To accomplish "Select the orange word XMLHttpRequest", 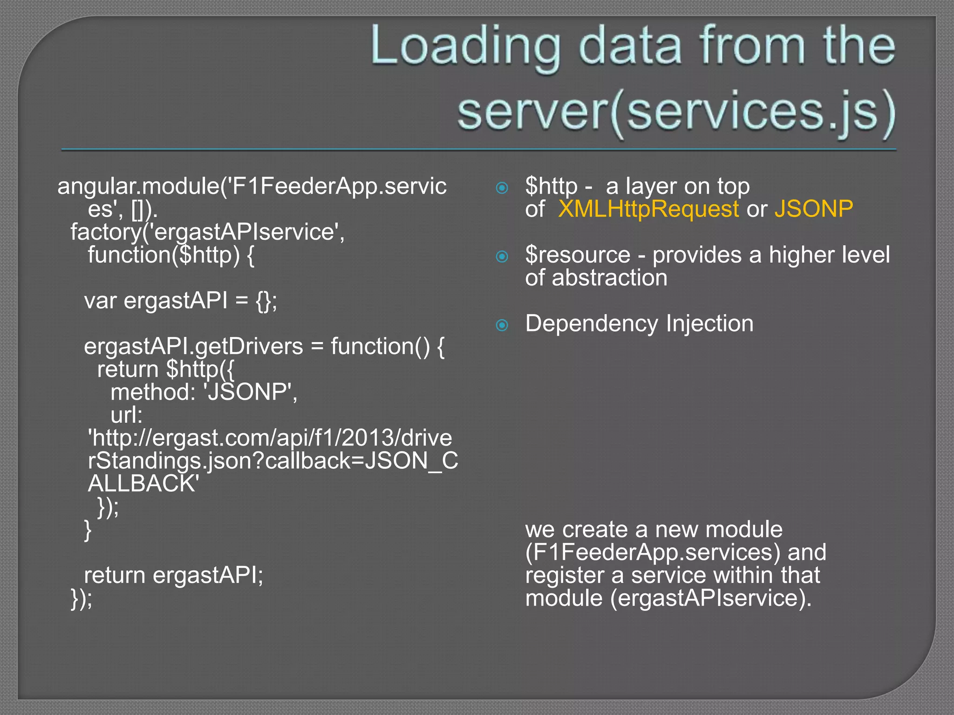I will [x=648, y=209].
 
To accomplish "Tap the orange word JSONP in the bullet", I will [x=813, y=209].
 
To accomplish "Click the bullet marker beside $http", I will [x=502, y=188].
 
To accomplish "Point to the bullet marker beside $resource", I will [x=502, y=256].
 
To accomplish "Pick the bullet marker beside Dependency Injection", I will [x=502, y=325].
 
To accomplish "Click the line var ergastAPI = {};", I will [x=180, y=301].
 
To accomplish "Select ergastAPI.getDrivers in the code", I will [x=193, y=346].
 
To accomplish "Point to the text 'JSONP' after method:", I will [x=250, y=392].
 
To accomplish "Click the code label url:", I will [x=126, y=415].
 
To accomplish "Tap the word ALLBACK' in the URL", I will [x=143, y=484].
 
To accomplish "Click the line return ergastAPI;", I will [x=173, y=575].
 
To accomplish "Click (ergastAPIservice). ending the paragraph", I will [x=711, y=598].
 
